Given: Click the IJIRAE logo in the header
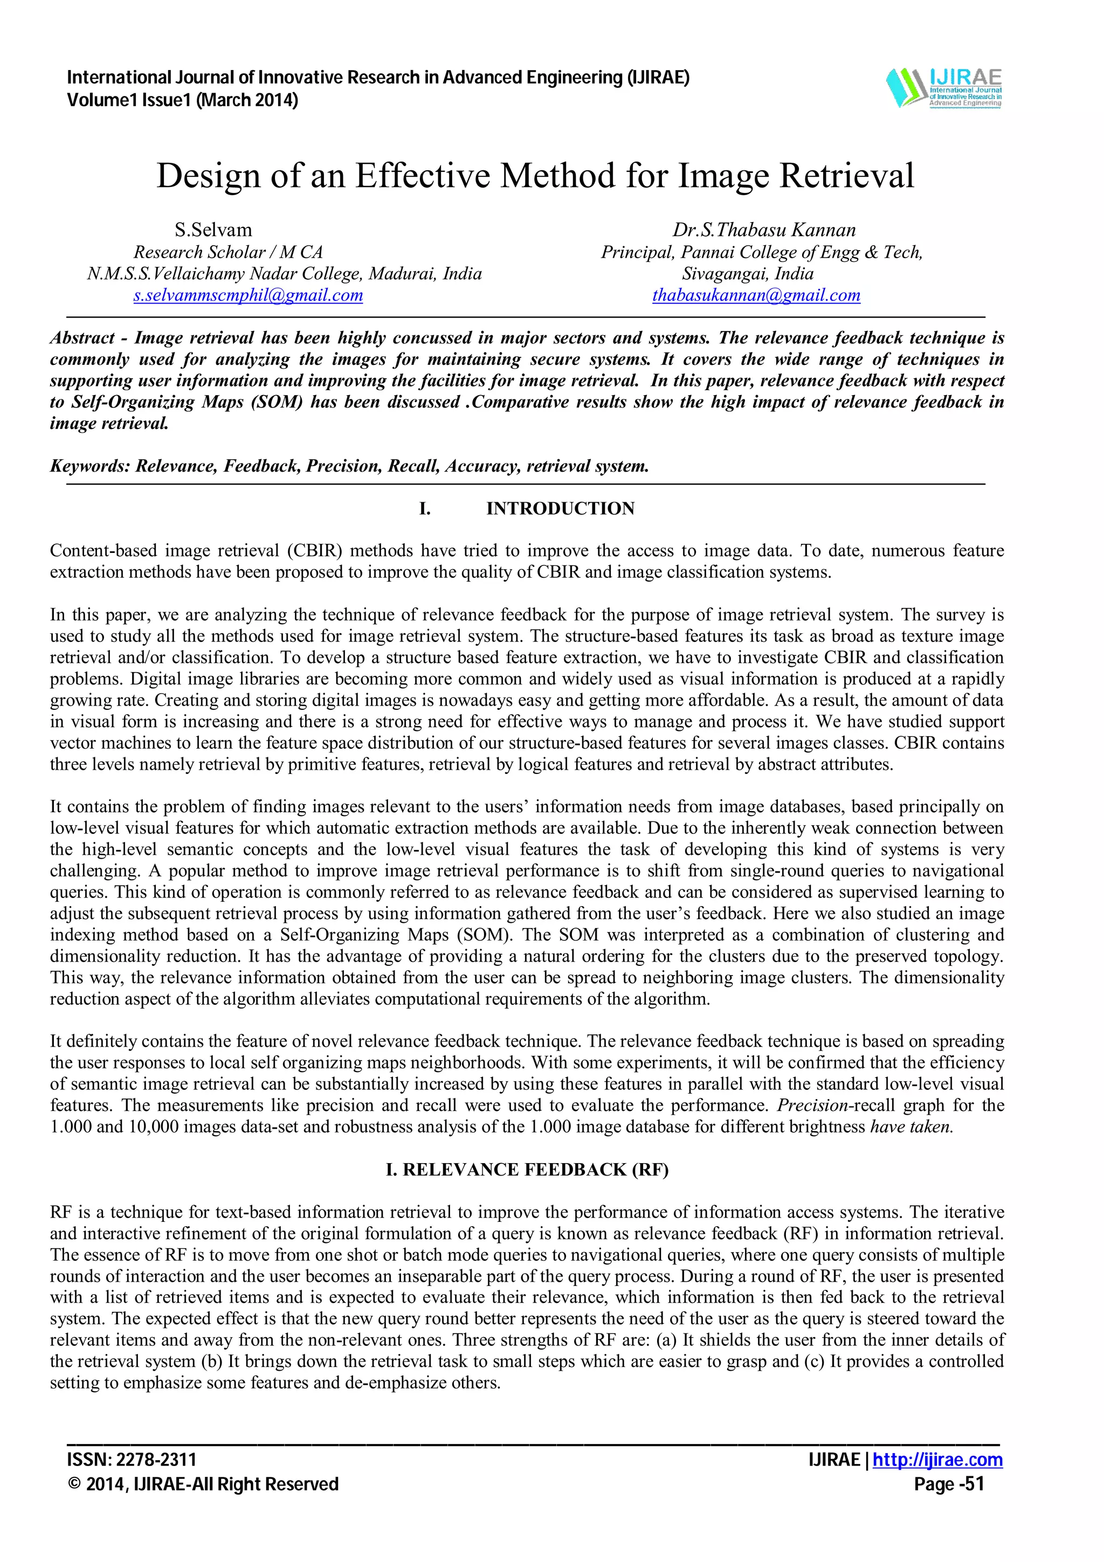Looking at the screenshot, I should tap(943, 88).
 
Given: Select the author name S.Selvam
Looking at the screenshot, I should tap(213, 230).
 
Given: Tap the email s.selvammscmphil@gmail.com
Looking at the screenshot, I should tap(249, 295).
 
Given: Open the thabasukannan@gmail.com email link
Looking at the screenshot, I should tap(756, 295).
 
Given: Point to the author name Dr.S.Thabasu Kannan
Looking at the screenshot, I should tap(764, 230).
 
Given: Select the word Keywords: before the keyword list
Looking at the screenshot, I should tap(90, 466).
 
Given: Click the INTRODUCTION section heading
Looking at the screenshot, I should tap(560, 508).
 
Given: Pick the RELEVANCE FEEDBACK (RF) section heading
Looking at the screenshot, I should tap(527, 1170).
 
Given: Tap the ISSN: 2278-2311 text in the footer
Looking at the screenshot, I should tap(132, 1460).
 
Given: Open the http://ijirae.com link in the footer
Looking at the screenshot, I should tap(937, 1460).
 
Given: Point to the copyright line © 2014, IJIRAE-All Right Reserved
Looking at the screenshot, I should tap(203, 1484).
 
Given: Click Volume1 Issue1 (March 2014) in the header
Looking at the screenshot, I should tap(182, 101).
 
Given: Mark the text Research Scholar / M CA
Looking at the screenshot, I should tap(228, 252).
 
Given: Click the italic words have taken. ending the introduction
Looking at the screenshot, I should tap(912, 1126).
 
